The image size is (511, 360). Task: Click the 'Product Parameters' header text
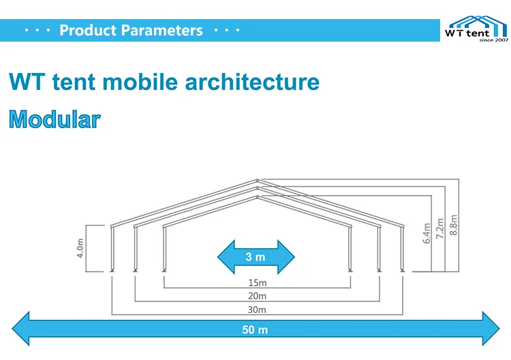click(131, 31)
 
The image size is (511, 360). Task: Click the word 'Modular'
click(55, 120)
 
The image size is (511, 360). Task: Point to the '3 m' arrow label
click(255, 257)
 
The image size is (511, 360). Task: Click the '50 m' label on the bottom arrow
click(255, 330)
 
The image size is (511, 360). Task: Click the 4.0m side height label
click(80, 247)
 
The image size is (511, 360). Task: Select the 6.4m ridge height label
click(427, 232)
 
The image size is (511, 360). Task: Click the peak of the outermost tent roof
click(258, 180)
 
